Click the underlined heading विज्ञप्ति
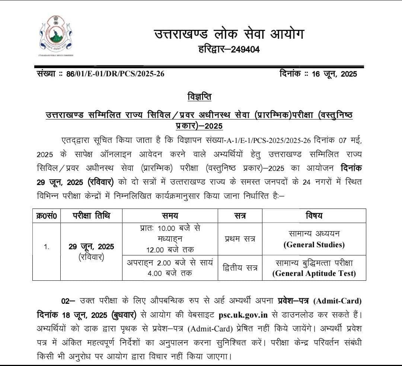pyautogui.click(x=200, y=97)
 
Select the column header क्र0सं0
pyautogui.click(x=47, y=216)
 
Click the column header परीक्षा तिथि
pyautogui.click(x=91, y=216)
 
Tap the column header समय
pyautogui.click(x=170, y=216)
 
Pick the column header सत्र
pyautogui.click(x=240, y=216)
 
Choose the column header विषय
pyautogui.click(x=314, y=216)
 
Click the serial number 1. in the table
pyautogui.click(x=47, y=247)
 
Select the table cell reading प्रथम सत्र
pyautogui.click(x=240, y=239)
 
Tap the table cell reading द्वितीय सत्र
pyautogui.click(x=240, y=268)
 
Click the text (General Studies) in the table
pyautogui.click(x=314, y=245)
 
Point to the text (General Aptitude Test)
pyautogui.click(x=314, y=274)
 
